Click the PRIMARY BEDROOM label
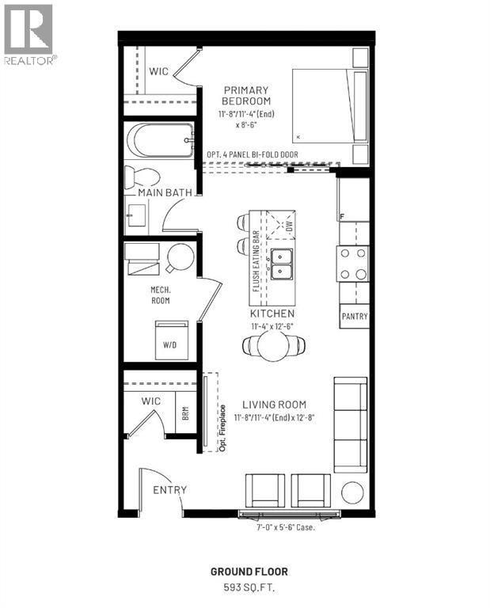click(x=246, y=96)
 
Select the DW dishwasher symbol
click(x=282, y=225)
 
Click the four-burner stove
click(x=353, y=264)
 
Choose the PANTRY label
click(x=354, y=317)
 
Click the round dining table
click(x=273, y=344)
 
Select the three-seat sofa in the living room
click(x=350, y=423)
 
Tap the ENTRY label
click(x=169, y=490)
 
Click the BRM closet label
click(x=184, y=412)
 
